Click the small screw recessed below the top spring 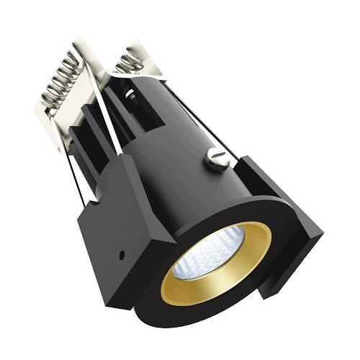[130, 93]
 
